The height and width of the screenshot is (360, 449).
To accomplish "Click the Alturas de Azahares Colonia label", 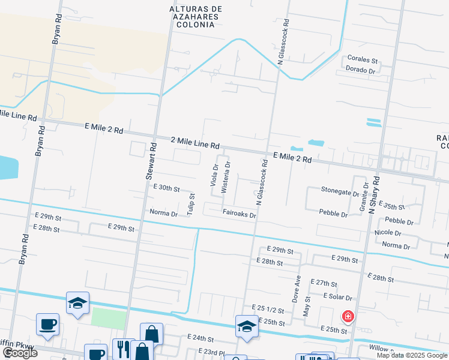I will [x=196, y=17].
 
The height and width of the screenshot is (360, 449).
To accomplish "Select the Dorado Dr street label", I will [x=360, y=70].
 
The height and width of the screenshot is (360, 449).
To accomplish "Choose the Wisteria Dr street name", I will [x=226, y=176].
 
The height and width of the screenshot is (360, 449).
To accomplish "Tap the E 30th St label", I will [x=166, y=188].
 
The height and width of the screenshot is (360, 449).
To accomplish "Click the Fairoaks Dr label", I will [x=239, y=214].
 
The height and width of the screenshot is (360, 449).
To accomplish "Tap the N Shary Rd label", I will [x=375, y=195].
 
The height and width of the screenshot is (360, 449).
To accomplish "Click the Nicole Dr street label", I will [x=387, y=232].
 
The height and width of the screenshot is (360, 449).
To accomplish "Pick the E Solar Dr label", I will [x=337, y=296].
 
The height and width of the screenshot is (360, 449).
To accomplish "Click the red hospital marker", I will [x=347, y=316].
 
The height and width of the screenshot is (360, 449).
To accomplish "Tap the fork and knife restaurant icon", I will [x=123, y=349].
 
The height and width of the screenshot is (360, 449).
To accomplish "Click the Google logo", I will [x=20, y=353].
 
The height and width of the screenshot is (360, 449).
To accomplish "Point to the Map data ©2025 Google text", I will [x=411, y=355].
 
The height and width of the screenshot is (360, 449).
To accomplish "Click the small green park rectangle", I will [x=109, y=318].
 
